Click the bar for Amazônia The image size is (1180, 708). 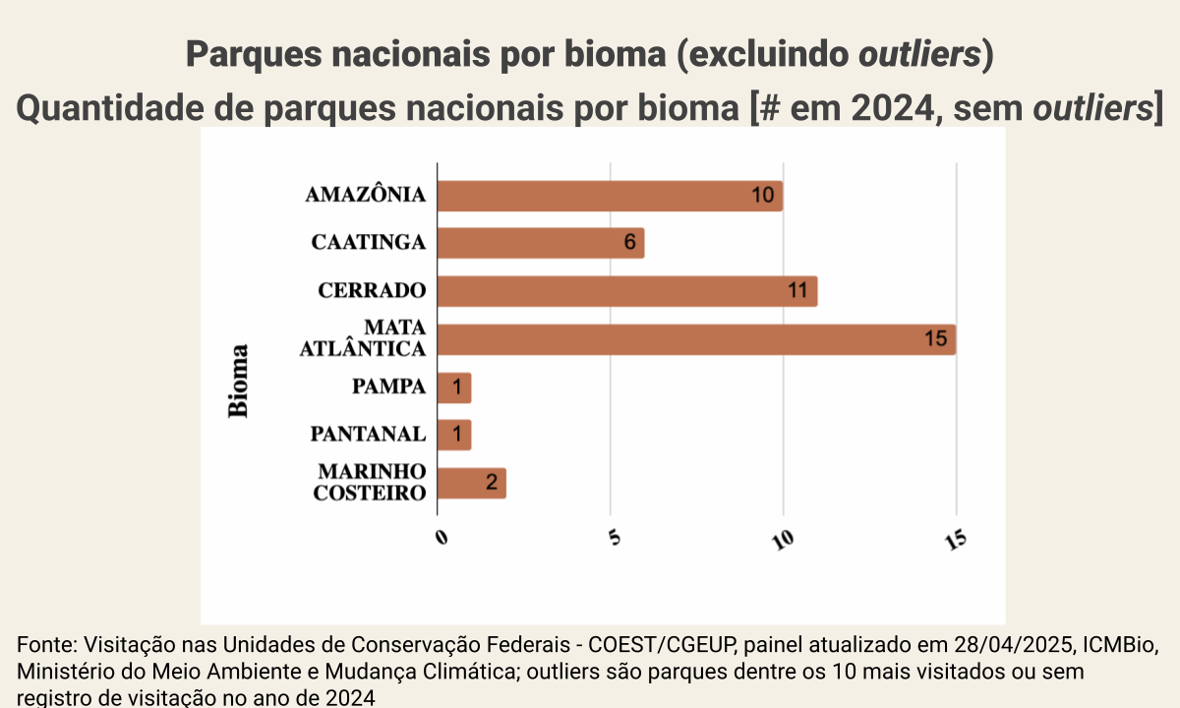[x=610, y=196]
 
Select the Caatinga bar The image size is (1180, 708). [x=541, y=243]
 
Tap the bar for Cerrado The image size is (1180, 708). [x=627, y=291]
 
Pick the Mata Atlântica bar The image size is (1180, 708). [x=696, y=339]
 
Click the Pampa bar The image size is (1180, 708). [x=454, y=387]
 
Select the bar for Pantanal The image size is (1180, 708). [x=454, y=435]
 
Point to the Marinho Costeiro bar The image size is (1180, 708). [x=472, y=483]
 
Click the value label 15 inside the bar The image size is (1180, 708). [x=935, y=339]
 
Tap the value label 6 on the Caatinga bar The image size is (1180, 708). [x=629, y=243]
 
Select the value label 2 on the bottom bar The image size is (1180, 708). [x=491, y=483]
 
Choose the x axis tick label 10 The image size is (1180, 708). [x=784, y=539]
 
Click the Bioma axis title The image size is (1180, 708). [x=239, y=381]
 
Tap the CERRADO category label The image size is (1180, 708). [x=372, y=291]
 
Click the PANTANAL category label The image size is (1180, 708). [x=368, y=435]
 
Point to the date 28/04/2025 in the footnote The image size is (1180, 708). [x=1013, y=646]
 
